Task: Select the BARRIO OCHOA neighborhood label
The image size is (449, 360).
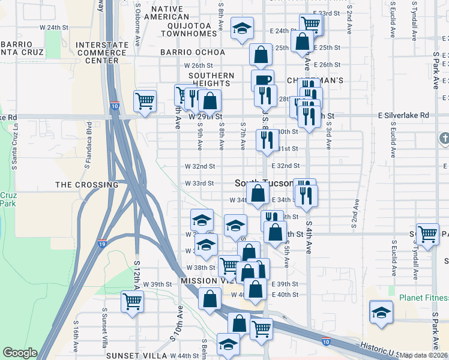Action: click(x=193, y=52)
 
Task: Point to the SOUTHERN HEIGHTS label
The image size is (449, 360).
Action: click(x=211, y=80)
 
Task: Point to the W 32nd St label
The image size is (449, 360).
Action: click(x=199, y=166)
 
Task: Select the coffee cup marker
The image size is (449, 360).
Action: click(x=262, y=80)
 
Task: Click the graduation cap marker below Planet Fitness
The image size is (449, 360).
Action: click(x=381, y=312)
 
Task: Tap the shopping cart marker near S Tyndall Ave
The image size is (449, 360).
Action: click(x=427, y=234)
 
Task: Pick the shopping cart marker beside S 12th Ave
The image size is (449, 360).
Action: click(x=131, y=301)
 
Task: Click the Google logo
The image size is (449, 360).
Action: click(x=20, y=353)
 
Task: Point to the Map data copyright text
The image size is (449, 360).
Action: click(x=424, y=355)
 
